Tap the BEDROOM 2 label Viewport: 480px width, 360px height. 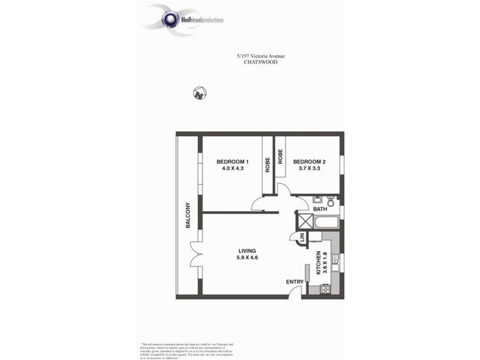309,162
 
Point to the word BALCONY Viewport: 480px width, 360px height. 188,215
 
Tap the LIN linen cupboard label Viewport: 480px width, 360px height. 304,237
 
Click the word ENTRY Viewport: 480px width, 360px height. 295,281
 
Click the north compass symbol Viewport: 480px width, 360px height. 200,94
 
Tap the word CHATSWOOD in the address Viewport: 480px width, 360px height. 260,62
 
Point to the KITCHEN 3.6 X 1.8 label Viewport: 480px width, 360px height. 321,262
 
